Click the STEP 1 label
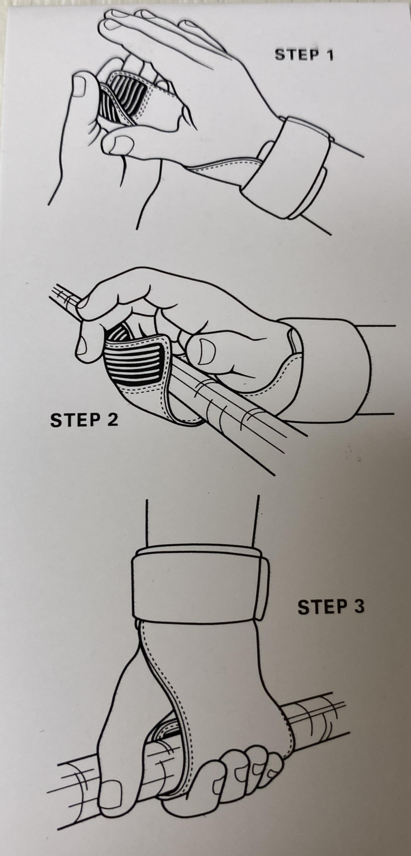click(304, 55)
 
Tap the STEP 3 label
click(331, 607)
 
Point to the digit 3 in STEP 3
click(359, 607)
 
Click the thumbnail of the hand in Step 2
click(206, 351)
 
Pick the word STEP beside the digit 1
click(296, 55)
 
